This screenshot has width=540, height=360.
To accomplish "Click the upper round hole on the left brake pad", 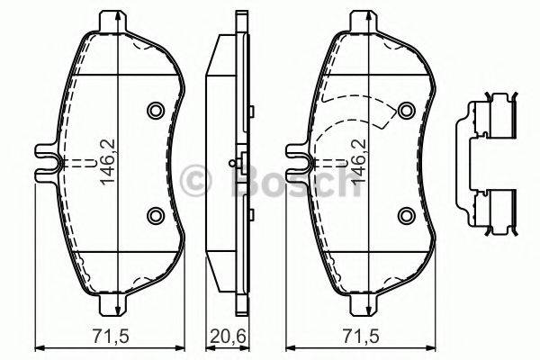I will click(x=154, y=110).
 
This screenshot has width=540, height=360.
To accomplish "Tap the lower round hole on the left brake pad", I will click(x=154, y=215).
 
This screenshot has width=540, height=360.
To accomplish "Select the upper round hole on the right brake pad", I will click(x=406, y=110).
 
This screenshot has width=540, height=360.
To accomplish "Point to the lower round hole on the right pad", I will click(x=406, y=215).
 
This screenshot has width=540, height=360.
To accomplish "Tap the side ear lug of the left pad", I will click(x=45, y=162).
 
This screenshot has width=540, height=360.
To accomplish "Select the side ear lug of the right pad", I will click(x=297, y=162).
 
